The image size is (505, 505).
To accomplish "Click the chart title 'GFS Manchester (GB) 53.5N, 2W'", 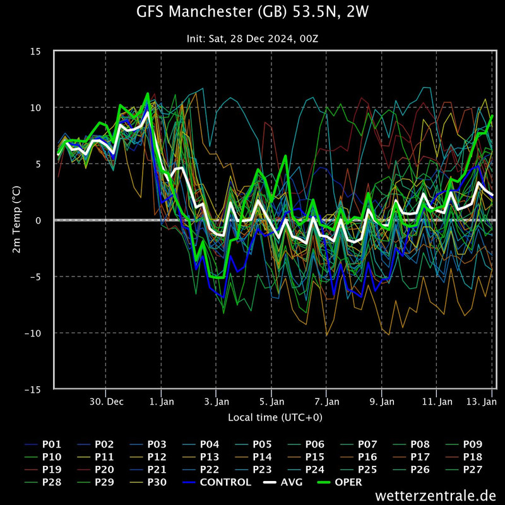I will [252, 12].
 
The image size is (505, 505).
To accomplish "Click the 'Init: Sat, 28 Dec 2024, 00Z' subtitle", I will [252, 39].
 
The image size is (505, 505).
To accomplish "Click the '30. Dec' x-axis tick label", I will [106, 401].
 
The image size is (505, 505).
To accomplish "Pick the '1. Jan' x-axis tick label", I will [162, 401].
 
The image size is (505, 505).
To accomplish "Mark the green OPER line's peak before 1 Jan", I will [148, 93].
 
